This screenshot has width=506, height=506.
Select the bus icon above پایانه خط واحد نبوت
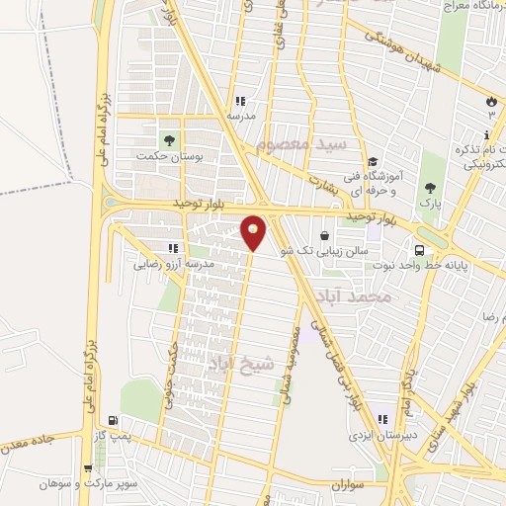point(420,249)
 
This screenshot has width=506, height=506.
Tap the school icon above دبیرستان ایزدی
point(381,419)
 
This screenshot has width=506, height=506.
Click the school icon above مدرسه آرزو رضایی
point(173,248)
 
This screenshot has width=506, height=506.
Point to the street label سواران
point(349,484)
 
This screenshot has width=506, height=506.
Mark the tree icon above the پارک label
point(429,187)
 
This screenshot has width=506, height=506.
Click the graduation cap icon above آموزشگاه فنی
point(372,163)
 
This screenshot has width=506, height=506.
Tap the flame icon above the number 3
point(491,101)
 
